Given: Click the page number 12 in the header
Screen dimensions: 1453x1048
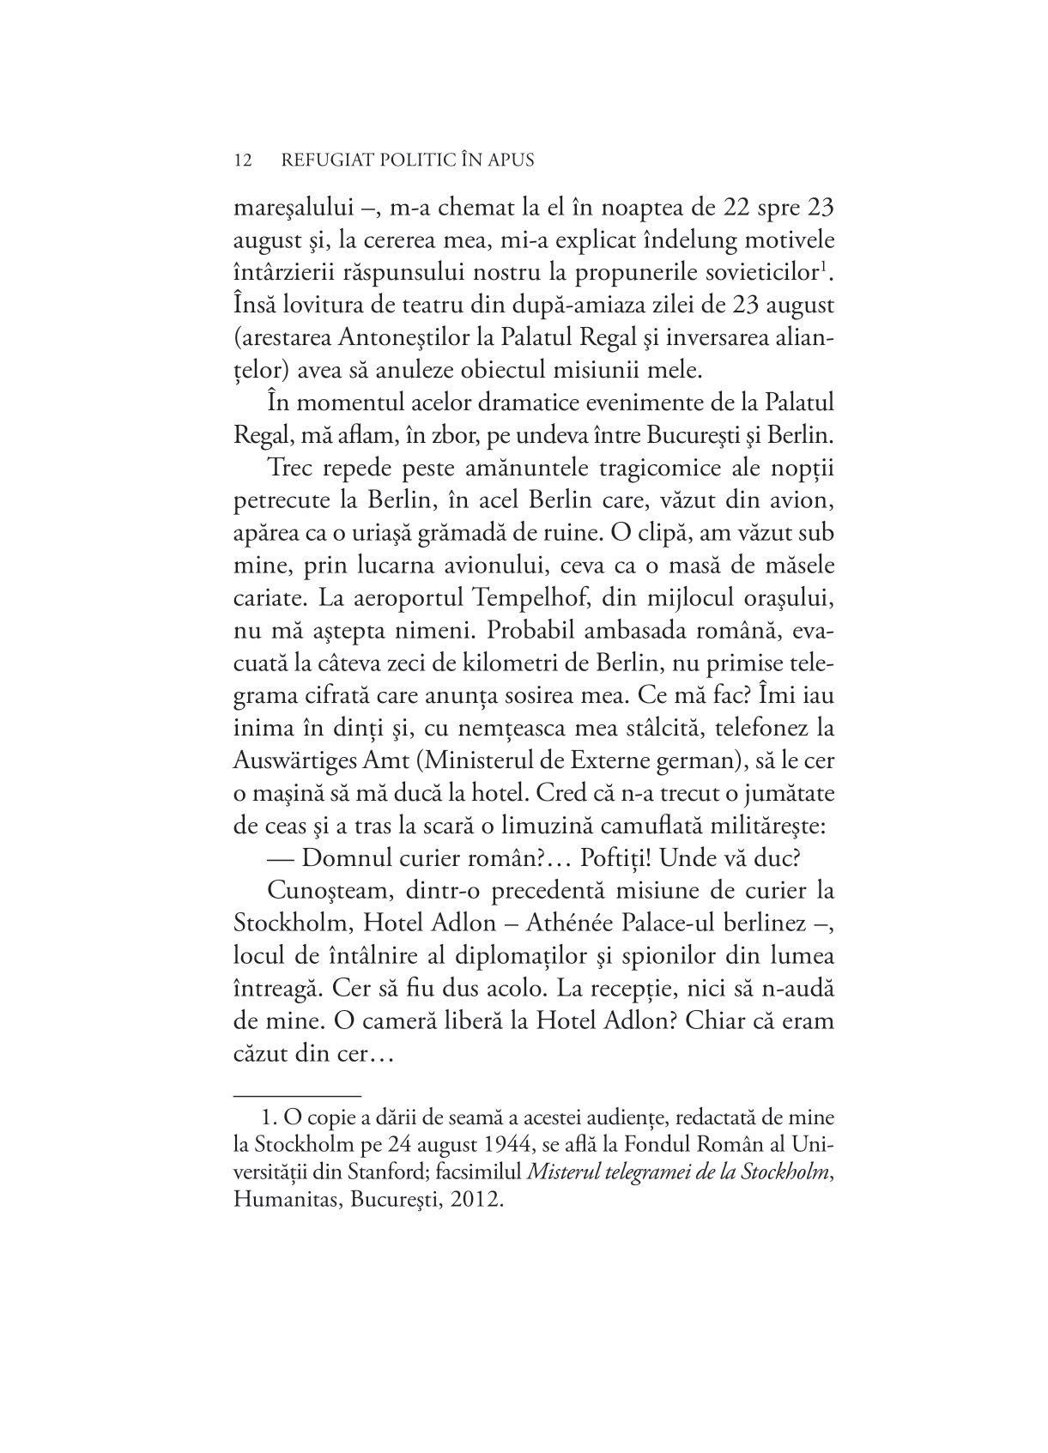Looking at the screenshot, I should (241, 160).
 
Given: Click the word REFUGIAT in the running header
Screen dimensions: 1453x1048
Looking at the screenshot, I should (331, 160).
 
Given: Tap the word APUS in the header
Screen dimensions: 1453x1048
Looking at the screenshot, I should (508, 160).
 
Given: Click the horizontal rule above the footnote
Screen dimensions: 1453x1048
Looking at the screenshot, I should (297, 1095).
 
